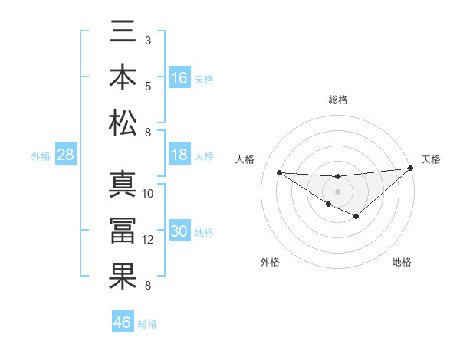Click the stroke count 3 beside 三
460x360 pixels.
(148, 40)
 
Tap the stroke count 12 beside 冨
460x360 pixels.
(148, 240)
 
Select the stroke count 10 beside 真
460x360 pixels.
(148, 194)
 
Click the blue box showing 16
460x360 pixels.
(179, 77)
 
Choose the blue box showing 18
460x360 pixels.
(179, 155)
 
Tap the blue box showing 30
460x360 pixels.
(179, 231)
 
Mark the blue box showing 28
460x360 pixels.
(66, 155)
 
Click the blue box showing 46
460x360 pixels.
(123, 322)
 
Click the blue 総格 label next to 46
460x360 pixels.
(147, 324)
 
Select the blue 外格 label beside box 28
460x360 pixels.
(41, 156)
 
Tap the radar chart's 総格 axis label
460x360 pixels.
(337, 100)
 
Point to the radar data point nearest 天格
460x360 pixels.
(411, 169)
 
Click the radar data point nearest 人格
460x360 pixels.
(279, 172)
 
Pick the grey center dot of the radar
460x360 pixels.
(337, 190)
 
